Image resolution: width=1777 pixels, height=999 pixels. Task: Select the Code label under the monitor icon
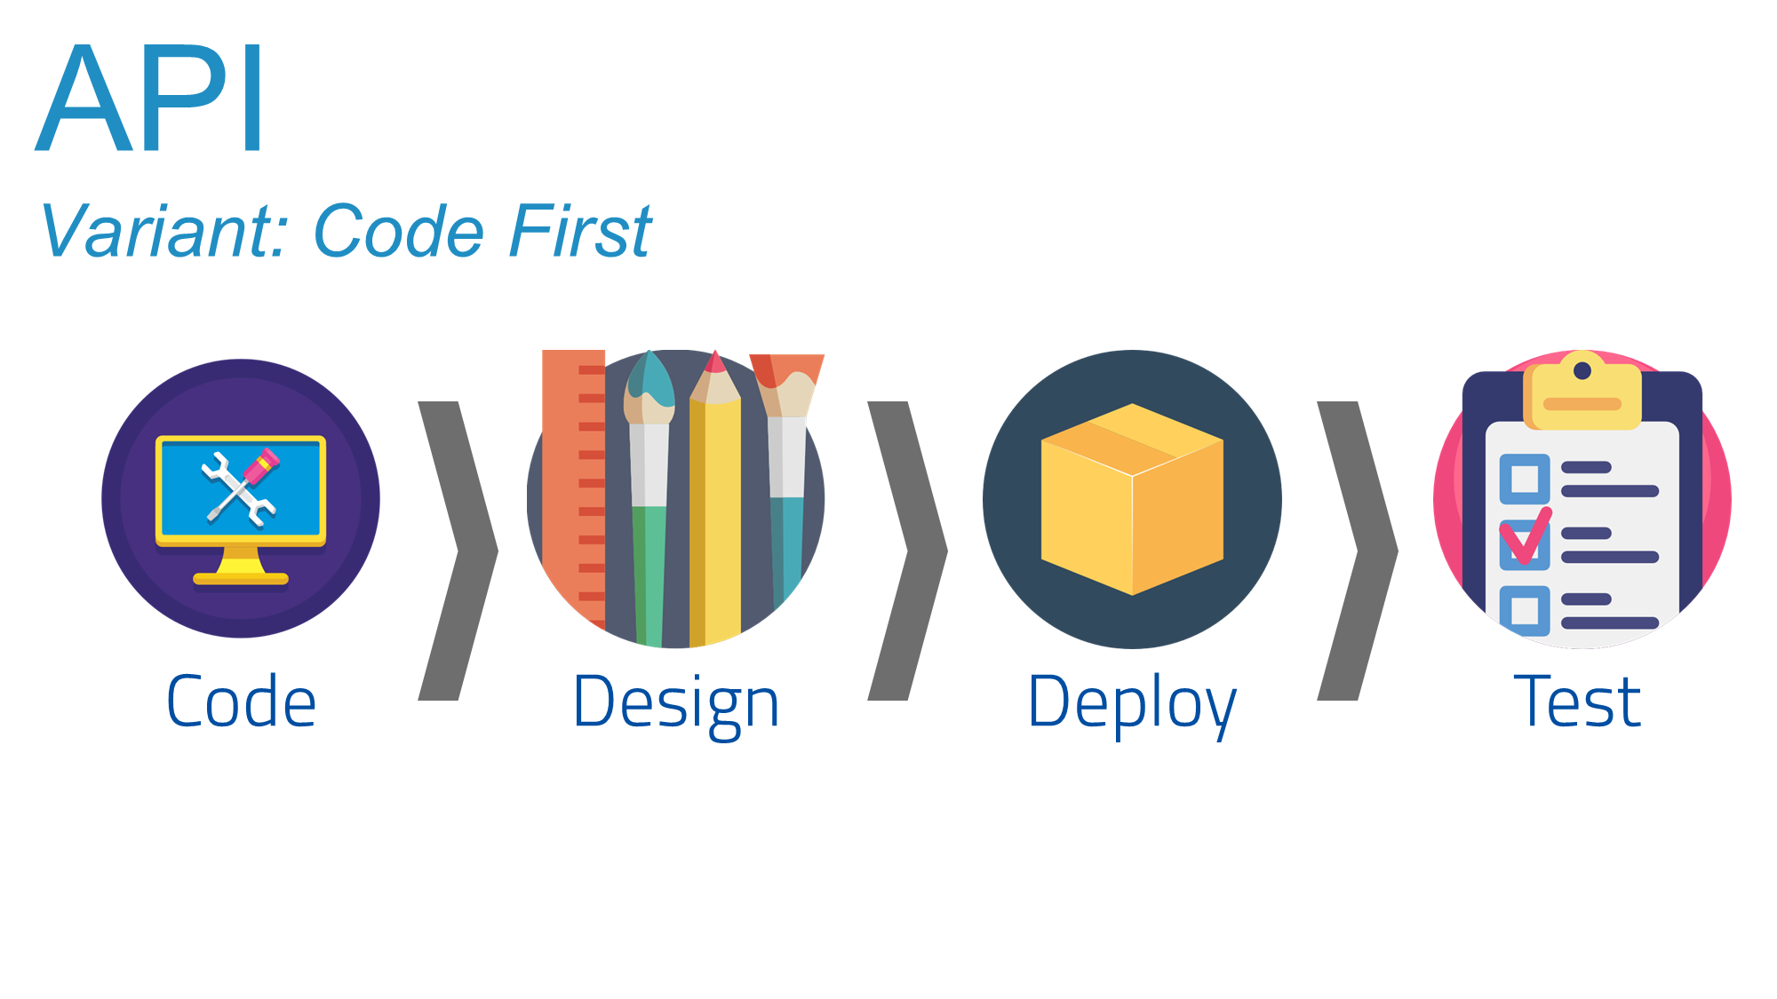pyautogui.click(x=241, y=702)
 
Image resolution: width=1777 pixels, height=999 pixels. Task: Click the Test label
pyautogui.click(x=1577, y=702)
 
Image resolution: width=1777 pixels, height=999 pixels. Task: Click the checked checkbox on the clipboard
pyautogui.click(x=1525, y=544)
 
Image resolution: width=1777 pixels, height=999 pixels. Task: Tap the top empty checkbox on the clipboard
pyautogui.click(x=1525, y=479)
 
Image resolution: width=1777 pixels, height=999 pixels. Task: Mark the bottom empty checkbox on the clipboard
pyautogui.click(x=1525, y=610)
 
